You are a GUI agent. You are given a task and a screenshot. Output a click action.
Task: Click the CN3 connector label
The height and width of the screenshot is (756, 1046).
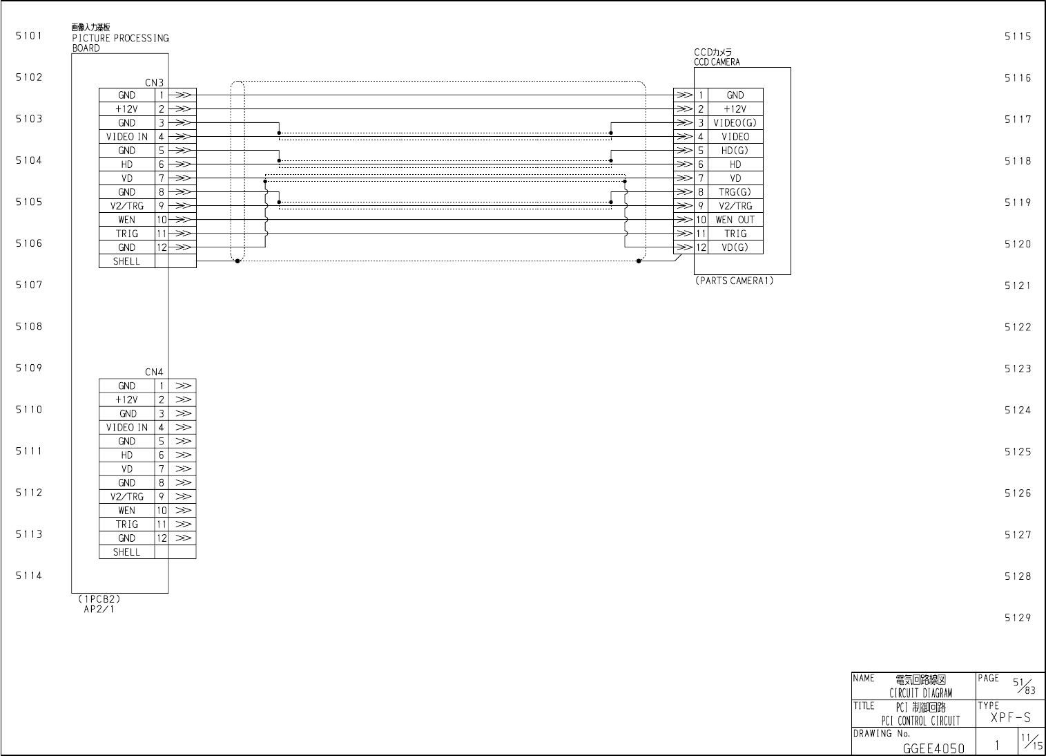coord(154,83)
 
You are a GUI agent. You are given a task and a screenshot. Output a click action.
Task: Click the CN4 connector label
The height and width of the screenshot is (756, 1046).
coord(154,372)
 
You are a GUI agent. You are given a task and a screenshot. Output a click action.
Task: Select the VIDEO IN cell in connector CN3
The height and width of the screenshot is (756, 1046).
coord(127,137)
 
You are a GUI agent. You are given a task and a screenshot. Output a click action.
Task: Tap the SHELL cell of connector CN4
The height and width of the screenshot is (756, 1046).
coord(127,552)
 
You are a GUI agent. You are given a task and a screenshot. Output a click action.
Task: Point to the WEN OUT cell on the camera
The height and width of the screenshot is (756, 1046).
coord(735,220)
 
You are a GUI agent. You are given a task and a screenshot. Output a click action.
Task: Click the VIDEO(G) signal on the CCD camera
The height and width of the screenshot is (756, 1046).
coord(735,123)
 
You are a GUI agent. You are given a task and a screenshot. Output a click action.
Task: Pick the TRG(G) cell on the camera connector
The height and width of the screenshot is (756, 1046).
coord(735,192)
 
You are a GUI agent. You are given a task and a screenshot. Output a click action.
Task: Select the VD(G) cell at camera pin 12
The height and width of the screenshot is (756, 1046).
coord(735,247)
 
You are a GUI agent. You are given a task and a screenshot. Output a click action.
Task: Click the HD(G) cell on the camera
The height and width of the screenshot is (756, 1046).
coord(735,151)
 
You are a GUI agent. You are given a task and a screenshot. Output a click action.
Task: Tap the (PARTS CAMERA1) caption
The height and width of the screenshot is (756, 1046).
coord(735,281)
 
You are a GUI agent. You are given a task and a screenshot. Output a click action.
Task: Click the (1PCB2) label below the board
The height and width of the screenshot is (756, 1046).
coord(99,599)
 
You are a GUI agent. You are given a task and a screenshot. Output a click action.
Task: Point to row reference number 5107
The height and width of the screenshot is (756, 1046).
coord(29,285)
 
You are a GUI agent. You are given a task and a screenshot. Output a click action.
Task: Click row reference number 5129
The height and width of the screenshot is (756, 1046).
coord(1018,618)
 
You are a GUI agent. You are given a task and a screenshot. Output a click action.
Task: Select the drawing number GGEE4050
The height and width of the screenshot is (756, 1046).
coord(933,748)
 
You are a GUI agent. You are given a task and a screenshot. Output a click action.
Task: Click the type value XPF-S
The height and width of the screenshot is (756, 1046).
coord(1011,718)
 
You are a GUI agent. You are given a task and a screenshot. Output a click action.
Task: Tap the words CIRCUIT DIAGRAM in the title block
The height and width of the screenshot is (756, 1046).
coord(920,693)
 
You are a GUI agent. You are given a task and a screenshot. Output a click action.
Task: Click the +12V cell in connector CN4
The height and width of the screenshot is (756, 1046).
coord(127,400)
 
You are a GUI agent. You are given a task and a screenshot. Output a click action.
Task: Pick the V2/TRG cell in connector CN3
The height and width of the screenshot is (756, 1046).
coord(127,206)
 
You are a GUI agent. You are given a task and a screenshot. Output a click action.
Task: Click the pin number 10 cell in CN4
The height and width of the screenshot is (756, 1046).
coord(162,511)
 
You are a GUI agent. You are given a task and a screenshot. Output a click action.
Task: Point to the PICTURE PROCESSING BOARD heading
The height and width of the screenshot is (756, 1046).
coord(120,39)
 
